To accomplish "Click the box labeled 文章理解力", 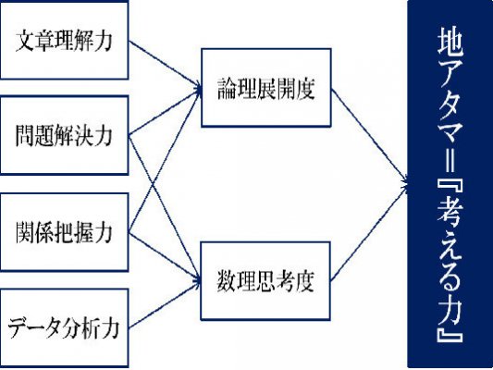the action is (64, 41).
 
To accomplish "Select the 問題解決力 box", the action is (64, 135).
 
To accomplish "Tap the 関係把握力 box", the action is (64, 232).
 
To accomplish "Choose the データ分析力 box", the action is (64, 327).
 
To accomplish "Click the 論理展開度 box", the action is (266, 88).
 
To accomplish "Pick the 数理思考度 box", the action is (265, 281).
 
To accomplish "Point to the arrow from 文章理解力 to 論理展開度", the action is (165, 65).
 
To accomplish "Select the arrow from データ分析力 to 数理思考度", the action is (165, 304).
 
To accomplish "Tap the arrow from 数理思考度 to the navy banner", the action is (369, 232).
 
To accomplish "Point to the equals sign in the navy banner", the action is (450, 160).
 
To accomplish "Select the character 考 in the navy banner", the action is (450, 214).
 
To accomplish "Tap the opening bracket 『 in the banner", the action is (450, 187).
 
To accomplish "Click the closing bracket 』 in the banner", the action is (450, 333).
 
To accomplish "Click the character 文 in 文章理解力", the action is (25, 41).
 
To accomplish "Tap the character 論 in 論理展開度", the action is (227, 89).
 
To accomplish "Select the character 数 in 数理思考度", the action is (227, 281).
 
